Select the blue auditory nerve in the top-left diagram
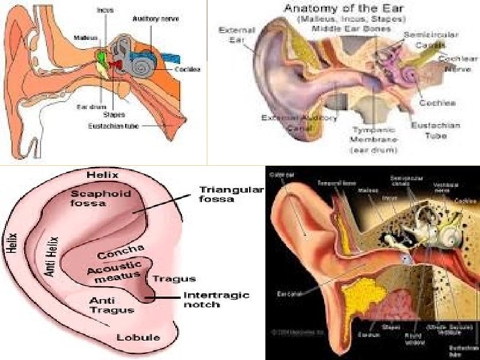tap(169, 59)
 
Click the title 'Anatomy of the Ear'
tap(337, 9)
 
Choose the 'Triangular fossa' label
tap(232, 195)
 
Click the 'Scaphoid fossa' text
tap(97, 198)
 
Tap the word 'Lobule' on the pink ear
tap(138, 336)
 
